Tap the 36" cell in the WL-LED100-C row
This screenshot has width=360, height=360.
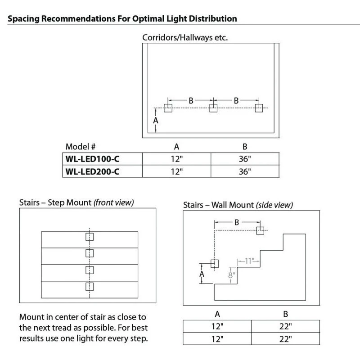pyautogui.click(x=245, y=159)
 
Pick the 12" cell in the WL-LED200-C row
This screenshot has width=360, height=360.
pyautogui.click(x=177, y=171)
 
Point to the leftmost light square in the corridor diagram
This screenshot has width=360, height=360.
pyautogui.click(x=168, y=108)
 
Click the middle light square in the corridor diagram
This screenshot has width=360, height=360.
pyautogui.click(x=213, y=108)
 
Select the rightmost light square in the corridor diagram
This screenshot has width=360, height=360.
pyautogui.click(x=259, y=108)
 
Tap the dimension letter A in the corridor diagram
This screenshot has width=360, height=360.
pyautogui.click(x=156, y=121)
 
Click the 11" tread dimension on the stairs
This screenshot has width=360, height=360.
pyautogui.click(x=250, y=260)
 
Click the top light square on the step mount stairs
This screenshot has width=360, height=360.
pyautogui.click(x=89, y=238)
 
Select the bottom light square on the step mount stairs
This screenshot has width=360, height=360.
pyautogui.click(x=89, y=286)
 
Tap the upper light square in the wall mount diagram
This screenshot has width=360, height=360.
pyautogui.click(x=260, y=230)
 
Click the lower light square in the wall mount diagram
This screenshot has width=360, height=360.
pyautogui.click(x=214, y=264)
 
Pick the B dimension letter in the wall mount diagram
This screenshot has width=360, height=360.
pyautogui.click(x=236, y=221)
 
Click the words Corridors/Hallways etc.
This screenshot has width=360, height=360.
pyautogui.click(x=185, y=37)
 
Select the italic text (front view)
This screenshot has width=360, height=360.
pyautogui.click(x=113, y=203)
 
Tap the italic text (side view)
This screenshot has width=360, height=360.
pyautogui.click(x=274, y=205)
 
